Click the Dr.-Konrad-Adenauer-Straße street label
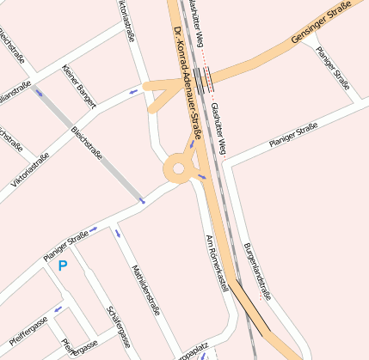pos(187,82)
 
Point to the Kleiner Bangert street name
pos(78,88)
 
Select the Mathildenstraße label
pos(142,290)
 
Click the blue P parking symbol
pos(62,266)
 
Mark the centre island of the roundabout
pos(179,169)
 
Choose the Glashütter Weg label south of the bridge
pos(218,133)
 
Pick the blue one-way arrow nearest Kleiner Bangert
pos(132,91)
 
